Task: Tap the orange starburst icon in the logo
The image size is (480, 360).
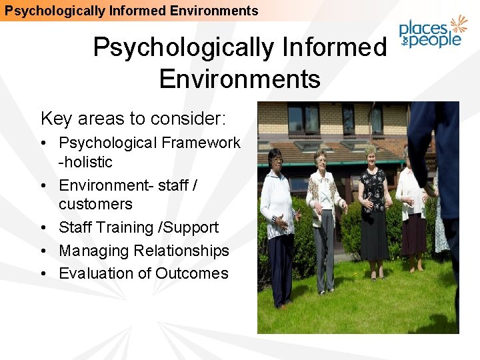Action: (x=458, y=26)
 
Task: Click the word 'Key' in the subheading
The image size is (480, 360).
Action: (x=56, y=119)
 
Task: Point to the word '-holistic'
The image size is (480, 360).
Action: (x=85, y=162)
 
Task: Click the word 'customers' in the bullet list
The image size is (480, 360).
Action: (x=95, y=204)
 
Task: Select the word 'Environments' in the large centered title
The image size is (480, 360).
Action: (x=239, y=79)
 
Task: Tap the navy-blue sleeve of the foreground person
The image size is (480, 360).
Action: (x=427, y=147)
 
